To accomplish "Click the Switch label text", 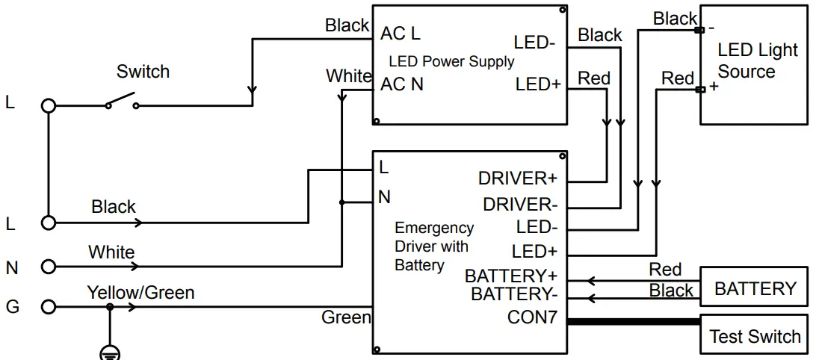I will [x=143, y=72].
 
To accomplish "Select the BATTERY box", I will [x=754, y=288].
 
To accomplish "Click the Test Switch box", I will [x=754, y=336].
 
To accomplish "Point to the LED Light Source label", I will [x=756, y=61].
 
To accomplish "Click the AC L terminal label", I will [x=401, y=34].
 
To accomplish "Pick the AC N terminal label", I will [x=402, y=84].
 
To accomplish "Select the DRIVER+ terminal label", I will [x=518, y=179].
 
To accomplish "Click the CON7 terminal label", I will [x=532, y=317].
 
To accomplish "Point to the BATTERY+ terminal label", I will [x=511, y=276].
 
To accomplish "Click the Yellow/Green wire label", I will [x=140, y=292].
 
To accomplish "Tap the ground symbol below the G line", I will [x=110, y=353].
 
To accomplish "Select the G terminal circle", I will [x=49, y=306].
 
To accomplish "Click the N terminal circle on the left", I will [x=49, y=266].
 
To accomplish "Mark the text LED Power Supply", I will [x=451, y=61].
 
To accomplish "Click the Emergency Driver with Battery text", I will [x=433, y=246].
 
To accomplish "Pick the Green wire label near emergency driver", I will [x=345, y=317].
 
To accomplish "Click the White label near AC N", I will [x=348, y=76].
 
